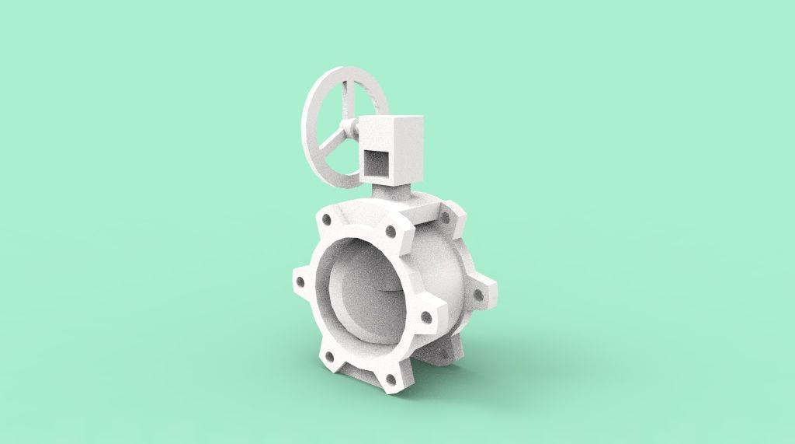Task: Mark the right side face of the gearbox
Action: click(411, 152)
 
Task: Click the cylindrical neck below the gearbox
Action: click(392, 191)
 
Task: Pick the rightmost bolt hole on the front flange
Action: click(425, 316)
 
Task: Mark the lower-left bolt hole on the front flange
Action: click(330, 357)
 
